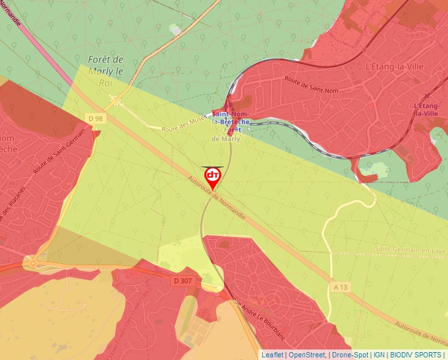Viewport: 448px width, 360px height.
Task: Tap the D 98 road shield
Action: [96, 118]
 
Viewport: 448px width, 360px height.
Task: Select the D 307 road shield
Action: [184, 280]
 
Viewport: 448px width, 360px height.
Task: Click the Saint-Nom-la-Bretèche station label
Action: [230, 118]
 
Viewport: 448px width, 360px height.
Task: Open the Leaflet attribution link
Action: [272, 355]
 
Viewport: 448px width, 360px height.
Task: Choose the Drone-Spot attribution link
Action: [349, 355]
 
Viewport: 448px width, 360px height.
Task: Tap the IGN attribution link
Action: [379, 355]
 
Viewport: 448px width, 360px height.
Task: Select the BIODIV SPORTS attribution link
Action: [416, 355]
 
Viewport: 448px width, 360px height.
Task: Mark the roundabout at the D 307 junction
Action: [32, 263]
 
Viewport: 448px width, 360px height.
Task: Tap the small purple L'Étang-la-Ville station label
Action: [426, 109]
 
